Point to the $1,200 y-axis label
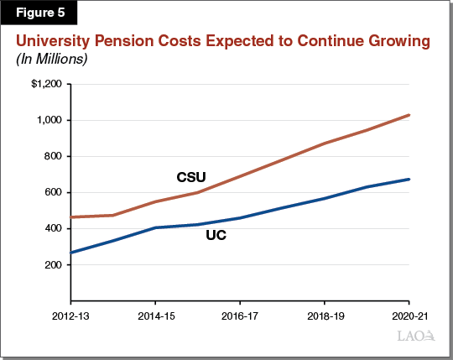[x=46, y=84]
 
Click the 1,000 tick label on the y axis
[x=49, y=120]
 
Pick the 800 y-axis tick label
[x=52, y=156]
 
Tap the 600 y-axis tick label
[x=52, y=192]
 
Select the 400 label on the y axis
[x=52, y=228]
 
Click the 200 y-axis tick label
[x=52, y=264]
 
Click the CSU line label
[x=191, y=177]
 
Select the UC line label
[x=216, y=237]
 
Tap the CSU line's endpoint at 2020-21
[x=409, y=115]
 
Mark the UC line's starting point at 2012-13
[x=71, y=253]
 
